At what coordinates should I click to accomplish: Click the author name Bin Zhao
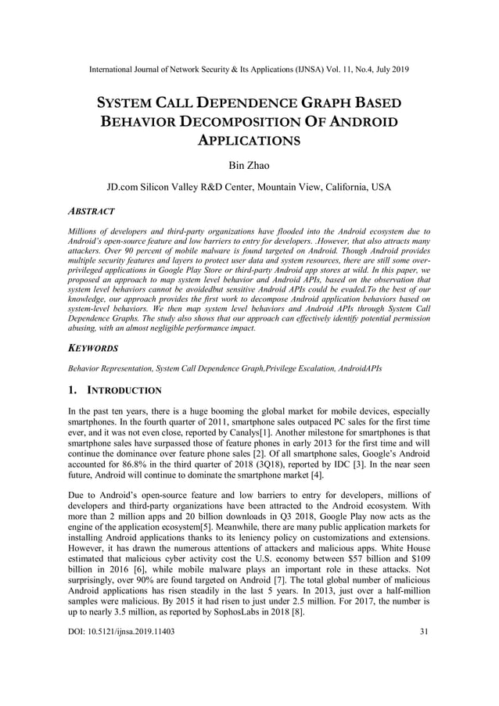click(249, 165)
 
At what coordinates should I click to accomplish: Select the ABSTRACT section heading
click(92, 211)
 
